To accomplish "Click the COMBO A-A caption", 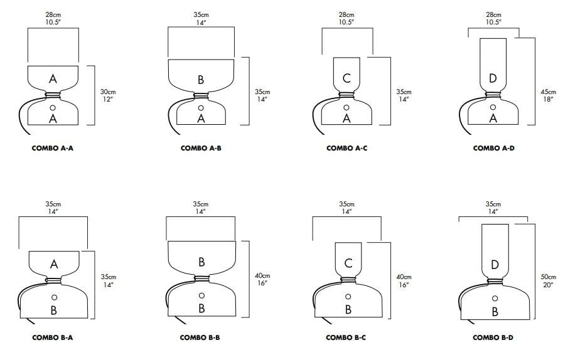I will point(53,148).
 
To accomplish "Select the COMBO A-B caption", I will point(200,148).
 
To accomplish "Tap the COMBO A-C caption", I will point(346,148).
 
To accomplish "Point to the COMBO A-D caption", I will point(493,148).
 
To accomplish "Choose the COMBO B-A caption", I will point(53,337).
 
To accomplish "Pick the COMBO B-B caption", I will point(200,337).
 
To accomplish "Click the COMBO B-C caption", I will point(346,337).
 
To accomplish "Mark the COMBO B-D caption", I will point(493,337).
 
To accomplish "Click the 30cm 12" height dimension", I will point(108,95).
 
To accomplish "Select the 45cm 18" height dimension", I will point(547,95).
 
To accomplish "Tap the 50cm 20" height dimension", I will point(548,280).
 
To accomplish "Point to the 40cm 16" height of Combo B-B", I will point(262,280).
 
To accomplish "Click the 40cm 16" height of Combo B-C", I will point(404,280).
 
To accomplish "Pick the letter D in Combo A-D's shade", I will point(493,78).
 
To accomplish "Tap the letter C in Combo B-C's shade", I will point(348,263).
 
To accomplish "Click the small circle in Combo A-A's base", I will point(53,108).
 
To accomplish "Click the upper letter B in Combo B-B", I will point(201,262).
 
